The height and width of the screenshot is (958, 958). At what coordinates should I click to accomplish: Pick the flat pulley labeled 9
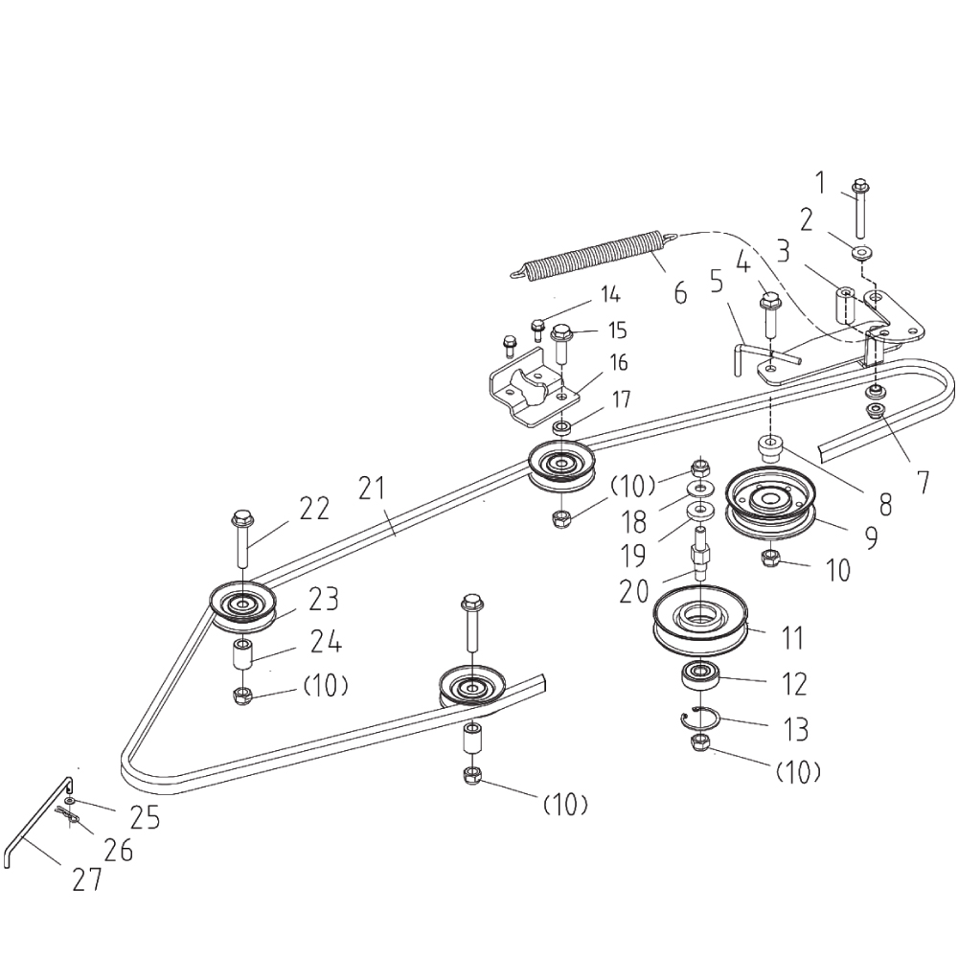tap(769, 503)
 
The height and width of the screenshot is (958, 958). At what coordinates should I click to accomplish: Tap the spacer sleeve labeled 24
tap(242, 658)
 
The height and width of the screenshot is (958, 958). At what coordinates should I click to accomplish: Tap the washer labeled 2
tap(861, 253)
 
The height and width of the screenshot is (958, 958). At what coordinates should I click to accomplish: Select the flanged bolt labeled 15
tap(561, 341)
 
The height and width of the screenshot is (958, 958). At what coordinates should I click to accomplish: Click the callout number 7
tap(922, 482)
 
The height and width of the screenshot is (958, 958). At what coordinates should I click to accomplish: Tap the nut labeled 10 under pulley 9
tap(769, 558)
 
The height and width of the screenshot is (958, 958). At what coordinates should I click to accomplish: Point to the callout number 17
tap(621, 400)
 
